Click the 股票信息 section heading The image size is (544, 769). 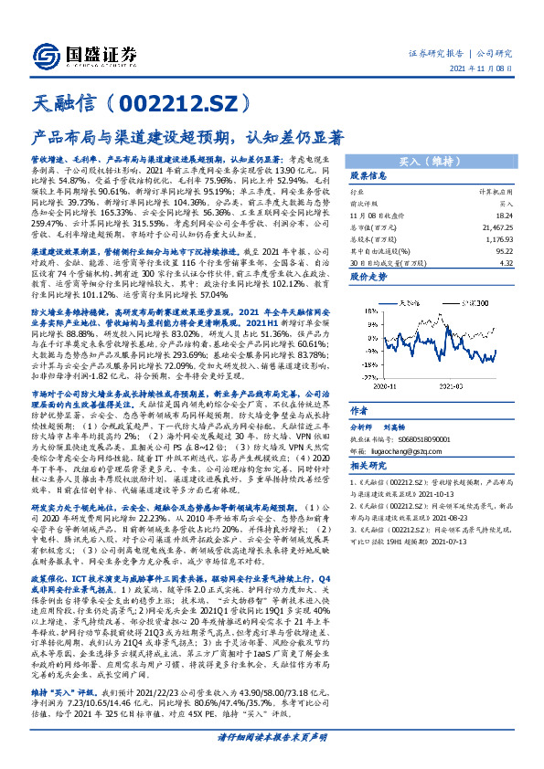click(369, 175)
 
